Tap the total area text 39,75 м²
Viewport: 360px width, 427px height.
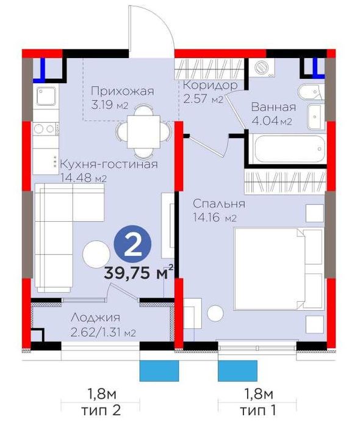(x=139, y=273)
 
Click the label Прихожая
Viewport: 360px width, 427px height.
(x=118, y=92)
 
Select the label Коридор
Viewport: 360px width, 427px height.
(x=209, y=86)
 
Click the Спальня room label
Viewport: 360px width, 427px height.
(x=218, y=204)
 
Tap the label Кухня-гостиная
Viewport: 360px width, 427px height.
(x=109, y=164)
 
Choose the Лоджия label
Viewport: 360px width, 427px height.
(x=95, y=318)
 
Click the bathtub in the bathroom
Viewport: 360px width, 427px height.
(x=286, y=150)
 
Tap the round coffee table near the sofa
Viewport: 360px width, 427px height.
(x=95, y=254)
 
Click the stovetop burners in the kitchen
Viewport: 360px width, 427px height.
(x=45, y=128)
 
